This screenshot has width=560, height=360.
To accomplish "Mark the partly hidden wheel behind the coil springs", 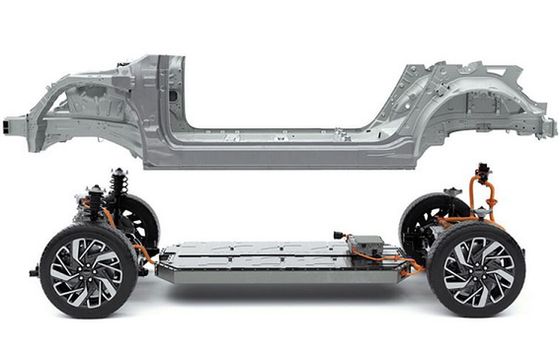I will pos(143,220).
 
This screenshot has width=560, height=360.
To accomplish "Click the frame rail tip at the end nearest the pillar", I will pos(12,125).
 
